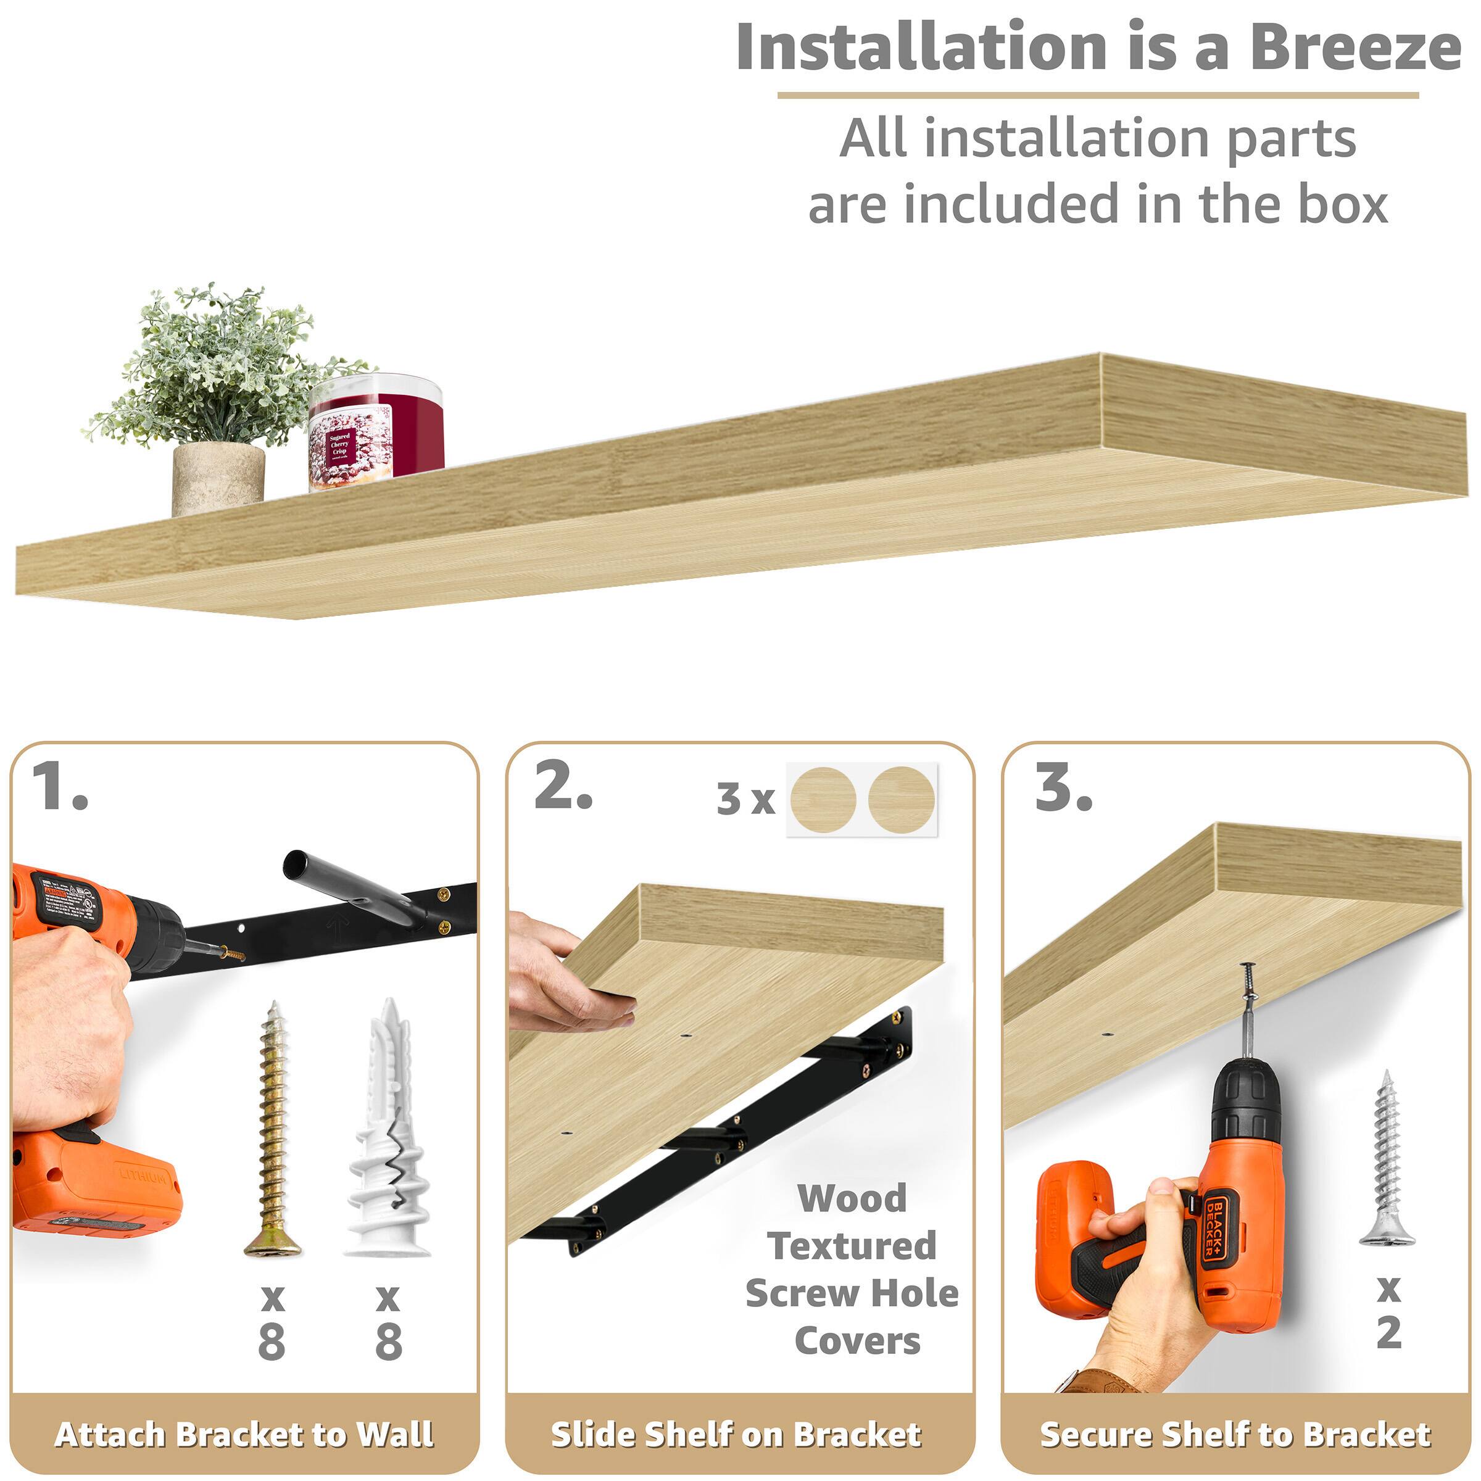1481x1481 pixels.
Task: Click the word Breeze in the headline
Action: [1354, 48]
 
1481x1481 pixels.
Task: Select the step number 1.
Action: [60, 787]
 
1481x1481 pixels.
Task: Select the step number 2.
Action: [563, 787]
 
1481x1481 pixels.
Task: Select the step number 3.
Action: [1063, 787]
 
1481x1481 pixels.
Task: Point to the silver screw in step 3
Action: [1386, 1158]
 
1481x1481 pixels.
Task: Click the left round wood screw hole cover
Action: [823, 798]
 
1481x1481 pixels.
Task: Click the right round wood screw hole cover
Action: [902, 798]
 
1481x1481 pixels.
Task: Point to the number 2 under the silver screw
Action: [1388, 1333]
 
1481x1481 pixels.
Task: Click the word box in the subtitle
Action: [1342, 205]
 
